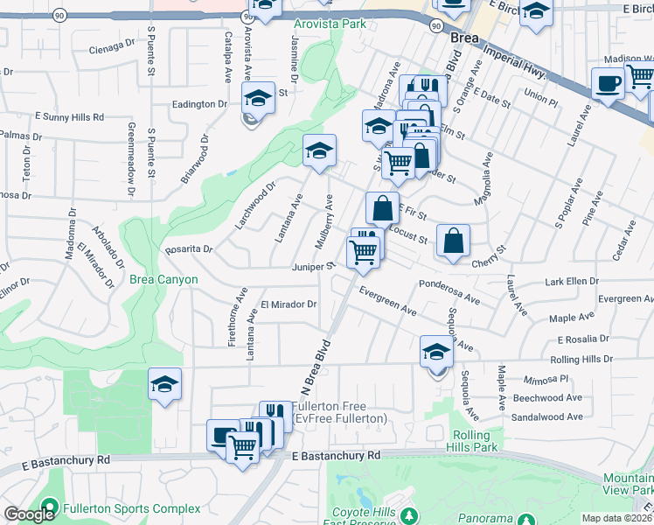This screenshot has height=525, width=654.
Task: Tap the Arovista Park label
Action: pos(330,24)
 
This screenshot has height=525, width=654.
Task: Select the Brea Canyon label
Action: pos(163,279)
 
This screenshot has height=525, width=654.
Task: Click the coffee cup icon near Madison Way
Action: pos(608,84)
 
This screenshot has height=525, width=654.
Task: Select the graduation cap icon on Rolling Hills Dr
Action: pos(435,352)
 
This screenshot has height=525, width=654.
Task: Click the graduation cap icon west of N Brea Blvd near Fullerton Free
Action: pos(164,384)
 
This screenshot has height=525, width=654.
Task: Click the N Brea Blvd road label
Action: pos(320,368)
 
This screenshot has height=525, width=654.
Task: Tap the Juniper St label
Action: pos(315,265)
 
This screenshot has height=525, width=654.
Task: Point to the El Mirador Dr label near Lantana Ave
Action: pos(288,304)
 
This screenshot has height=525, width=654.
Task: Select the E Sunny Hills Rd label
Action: pos(69,116)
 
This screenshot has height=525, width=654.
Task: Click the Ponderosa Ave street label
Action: pos(449,292)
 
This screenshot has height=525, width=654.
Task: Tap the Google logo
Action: pos(28,514)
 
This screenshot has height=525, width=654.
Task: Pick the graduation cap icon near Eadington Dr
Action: pos(258,99)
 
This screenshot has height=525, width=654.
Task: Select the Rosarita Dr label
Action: pos(189,249)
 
